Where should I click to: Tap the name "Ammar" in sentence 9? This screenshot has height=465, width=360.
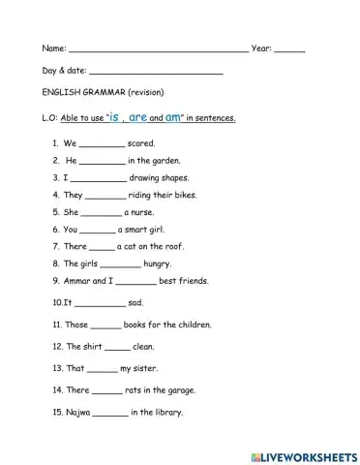[x=71, y=280]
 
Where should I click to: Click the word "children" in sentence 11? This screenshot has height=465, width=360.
[x=194, y=325]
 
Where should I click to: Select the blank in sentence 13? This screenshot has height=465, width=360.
[x=102, y=370]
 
